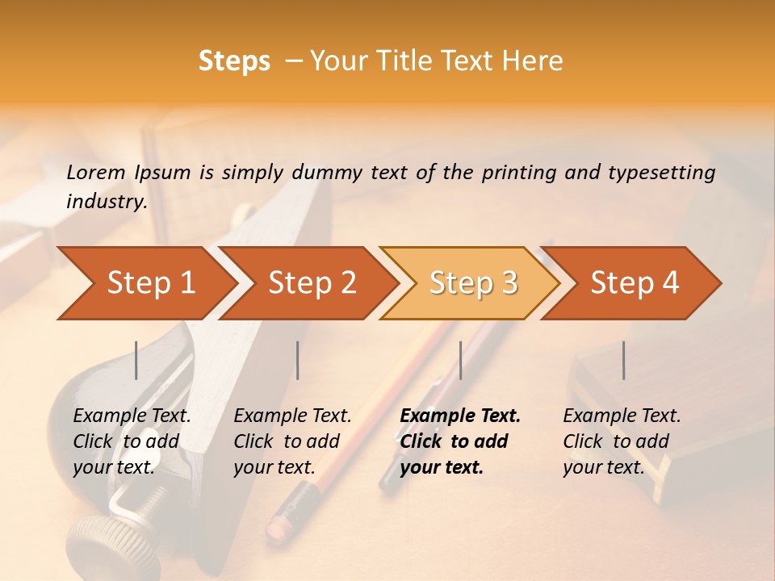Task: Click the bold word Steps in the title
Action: click(234, 61)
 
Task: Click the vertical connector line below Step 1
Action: click(136, 360)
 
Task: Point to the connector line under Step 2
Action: click(298, 360)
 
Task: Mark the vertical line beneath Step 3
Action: click(460, 360)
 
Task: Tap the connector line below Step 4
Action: click(623, 360)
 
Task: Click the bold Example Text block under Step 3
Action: click(460, 441)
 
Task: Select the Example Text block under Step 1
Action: click(132, 441)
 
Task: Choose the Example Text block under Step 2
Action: click(292, 441)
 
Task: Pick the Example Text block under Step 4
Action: click(622, 441)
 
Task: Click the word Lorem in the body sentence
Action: click(95, 172)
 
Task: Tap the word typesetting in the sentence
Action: click(661, 173)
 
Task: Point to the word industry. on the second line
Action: click(107, 201)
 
